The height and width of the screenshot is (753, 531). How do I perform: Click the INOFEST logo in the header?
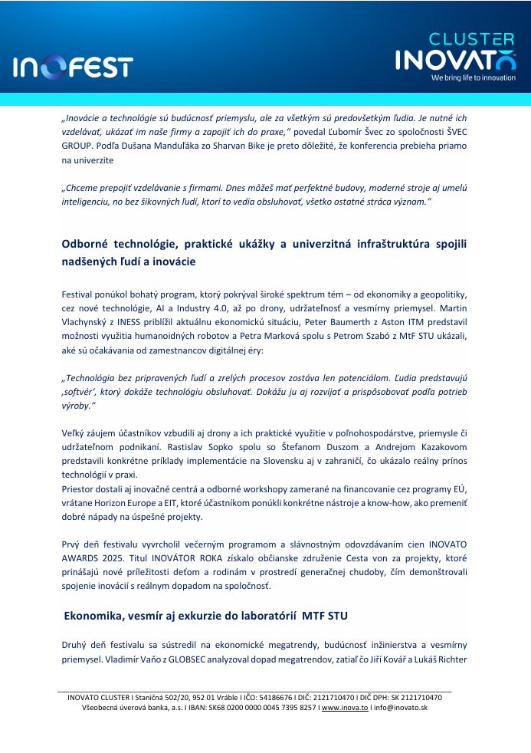73,67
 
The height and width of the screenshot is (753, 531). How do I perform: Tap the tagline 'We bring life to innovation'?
473,77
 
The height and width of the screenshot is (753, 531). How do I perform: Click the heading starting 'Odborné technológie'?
264,252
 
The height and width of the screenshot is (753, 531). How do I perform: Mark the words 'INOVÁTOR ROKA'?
198,559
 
